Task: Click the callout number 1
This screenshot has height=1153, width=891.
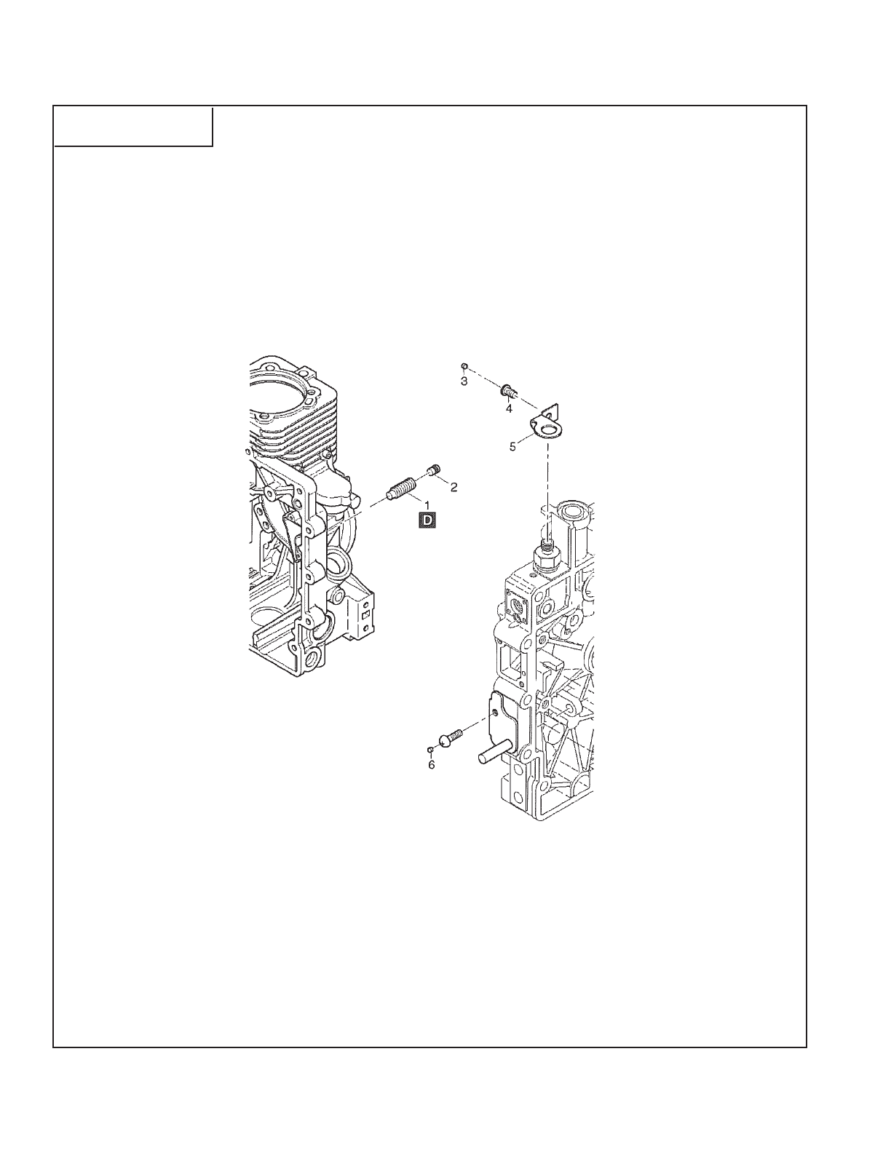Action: click(427, 504)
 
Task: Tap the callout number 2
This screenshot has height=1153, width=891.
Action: click(454, 488)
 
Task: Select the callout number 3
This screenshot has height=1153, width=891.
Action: click(464, 381)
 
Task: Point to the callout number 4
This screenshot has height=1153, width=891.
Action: click(509, 409)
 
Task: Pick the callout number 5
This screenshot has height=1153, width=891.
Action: click(512, 446)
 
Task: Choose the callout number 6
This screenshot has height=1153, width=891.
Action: click(431, 765)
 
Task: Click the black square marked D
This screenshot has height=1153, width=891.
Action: click(427, 519)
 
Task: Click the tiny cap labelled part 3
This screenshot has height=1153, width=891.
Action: click(464, 366)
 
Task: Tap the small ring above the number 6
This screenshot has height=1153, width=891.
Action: click(431, 749)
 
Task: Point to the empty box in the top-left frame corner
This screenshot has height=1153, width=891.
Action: click(133, 126)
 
